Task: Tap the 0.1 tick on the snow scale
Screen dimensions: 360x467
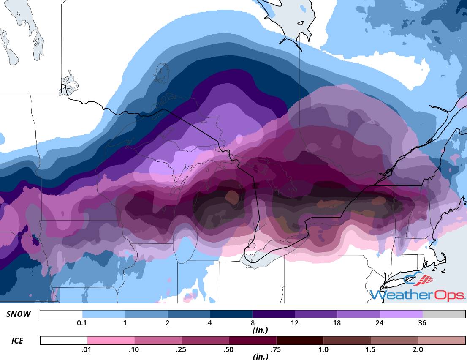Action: click(82, 323)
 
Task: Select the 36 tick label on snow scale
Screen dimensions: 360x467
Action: click(422, 323)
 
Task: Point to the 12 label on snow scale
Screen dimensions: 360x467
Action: click(295, 323)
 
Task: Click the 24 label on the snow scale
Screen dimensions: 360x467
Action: click(380, 323)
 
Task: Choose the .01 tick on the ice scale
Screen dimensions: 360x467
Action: click(87, 350)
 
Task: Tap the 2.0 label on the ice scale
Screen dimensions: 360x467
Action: click(418, 350)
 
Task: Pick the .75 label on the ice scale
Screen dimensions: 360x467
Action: click(276, 350)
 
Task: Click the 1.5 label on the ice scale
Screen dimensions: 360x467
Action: click(370, 350)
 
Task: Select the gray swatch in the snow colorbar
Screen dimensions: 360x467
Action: click(443, 314)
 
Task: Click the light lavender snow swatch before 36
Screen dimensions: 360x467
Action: click(401, 314)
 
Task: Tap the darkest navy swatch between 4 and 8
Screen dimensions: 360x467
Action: click(231, 314)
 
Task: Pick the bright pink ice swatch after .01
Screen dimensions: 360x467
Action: click(111, 341)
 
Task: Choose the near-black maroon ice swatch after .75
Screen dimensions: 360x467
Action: click(300, 341)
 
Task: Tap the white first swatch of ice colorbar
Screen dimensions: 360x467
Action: click(64, 341)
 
